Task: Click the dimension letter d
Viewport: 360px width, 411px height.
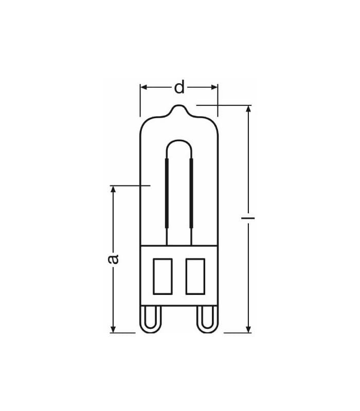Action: pos(179,88)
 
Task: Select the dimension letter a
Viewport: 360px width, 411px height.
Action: pos(114,258)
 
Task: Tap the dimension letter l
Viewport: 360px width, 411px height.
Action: pos(248,219)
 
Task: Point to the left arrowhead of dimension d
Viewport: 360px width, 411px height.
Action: pos(144,87)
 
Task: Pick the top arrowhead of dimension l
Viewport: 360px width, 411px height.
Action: pos(248,109)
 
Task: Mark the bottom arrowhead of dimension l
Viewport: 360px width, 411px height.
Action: pos(248,328)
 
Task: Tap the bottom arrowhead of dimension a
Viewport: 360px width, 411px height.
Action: pos(114,328)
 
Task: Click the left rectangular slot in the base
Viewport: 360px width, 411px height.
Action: pos(163,276)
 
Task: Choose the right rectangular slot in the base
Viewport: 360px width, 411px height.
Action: pos(195,276)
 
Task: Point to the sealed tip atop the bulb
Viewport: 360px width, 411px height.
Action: pos(179,109)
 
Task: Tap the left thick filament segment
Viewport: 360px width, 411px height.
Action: pos(167,195)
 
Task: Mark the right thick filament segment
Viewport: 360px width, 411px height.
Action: pos(191,195)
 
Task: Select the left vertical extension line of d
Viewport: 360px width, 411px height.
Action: pos(140,100)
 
